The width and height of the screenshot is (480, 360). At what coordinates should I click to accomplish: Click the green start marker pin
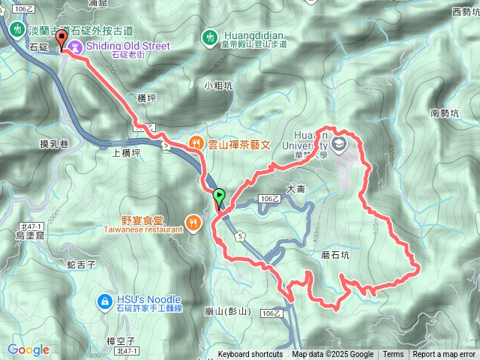coord(219,198)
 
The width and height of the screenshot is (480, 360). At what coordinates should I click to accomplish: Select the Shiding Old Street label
coord(127,46)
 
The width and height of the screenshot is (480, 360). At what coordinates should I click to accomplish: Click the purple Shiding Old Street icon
coord(74,46)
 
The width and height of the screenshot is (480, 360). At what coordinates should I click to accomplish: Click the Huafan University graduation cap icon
coord(340,142)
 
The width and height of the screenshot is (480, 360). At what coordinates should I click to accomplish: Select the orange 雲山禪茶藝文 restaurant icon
coord(194,140)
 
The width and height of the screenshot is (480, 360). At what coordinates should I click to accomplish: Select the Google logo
coord(28,349)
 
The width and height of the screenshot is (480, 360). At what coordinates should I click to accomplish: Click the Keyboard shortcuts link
coord(250,355)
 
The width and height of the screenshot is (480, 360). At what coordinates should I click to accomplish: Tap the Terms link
coord(393,355)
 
